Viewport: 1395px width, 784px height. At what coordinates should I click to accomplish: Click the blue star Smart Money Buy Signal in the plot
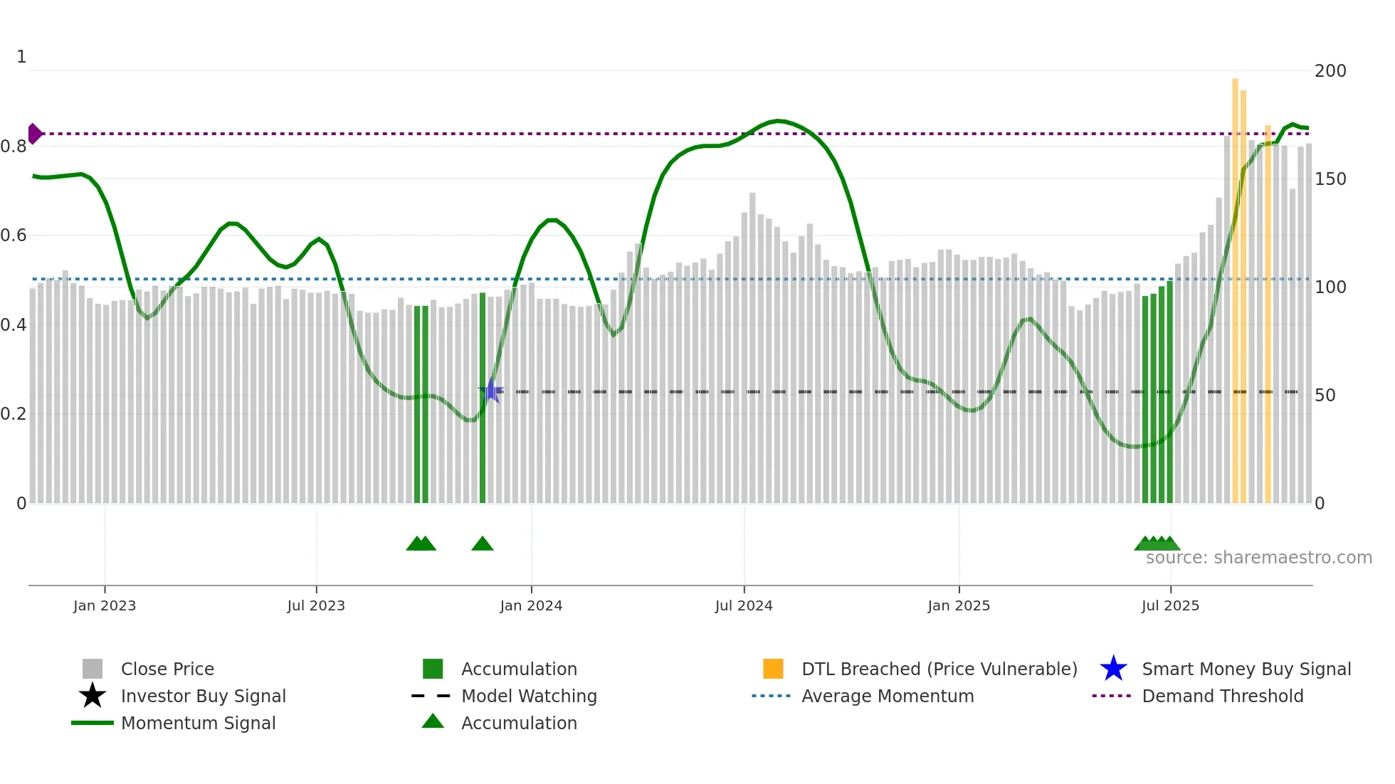491,391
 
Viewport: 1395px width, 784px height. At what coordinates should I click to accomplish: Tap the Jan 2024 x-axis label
531,606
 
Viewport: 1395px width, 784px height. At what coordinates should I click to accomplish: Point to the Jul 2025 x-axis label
1170,606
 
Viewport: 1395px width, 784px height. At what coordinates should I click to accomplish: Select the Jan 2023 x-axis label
105,606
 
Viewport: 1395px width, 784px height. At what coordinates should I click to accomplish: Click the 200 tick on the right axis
1330,71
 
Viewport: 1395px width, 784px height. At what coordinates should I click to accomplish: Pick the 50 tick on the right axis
1325,396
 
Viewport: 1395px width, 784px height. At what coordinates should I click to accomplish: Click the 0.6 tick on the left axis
14,235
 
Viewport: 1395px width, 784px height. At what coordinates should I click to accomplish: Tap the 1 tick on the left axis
21,57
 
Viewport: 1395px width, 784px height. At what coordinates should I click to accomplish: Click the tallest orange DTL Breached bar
1236,285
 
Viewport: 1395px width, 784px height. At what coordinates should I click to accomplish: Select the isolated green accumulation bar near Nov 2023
483,398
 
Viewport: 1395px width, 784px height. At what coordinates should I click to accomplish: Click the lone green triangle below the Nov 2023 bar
483,544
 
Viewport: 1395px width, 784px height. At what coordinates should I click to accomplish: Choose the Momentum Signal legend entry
198,724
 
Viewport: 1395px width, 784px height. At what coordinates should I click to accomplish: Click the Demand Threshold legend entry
1222,696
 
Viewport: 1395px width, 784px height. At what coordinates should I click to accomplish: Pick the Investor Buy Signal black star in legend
93,696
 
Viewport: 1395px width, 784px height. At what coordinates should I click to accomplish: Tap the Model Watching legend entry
528,696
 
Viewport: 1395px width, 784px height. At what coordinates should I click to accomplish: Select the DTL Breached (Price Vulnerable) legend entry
939,669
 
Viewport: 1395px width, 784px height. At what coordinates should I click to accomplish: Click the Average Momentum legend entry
887,696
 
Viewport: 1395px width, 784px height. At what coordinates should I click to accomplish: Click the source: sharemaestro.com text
1258,558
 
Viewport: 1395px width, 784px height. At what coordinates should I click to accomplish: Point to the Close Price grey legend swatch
93,669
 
